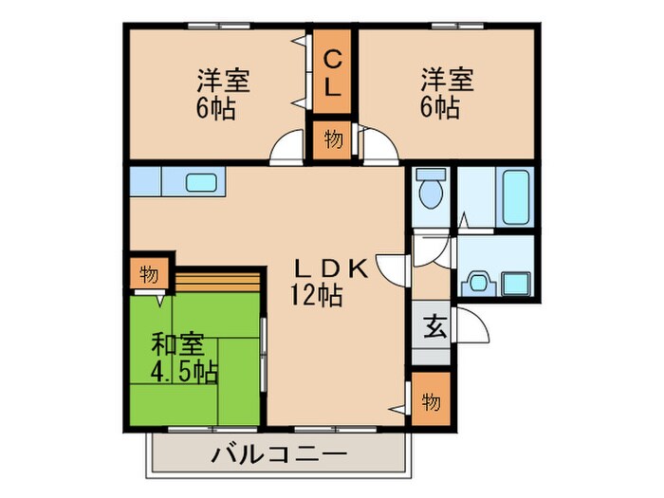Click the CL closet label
pos(333,72)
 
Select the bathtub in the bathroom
pos(515,196)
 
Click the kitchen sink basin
pos(201,183)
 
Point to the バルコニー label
pos(280,455)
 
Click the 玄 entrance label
pos(434,326)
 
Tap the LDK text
pos(331,268)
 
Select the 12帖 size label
pos(316,295)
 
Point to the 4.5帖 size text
pos(184,372)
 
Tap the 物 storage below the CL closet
pos(333,138)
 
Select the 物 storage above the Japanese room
pos(149,274)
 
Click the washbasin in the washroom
pos(478,283)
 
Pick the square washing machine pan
pos(515,284)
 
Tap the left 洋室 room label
pos(223,81)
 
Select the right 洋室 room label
pos(447,80)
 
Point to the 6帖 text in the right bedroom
pos(439,107)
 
